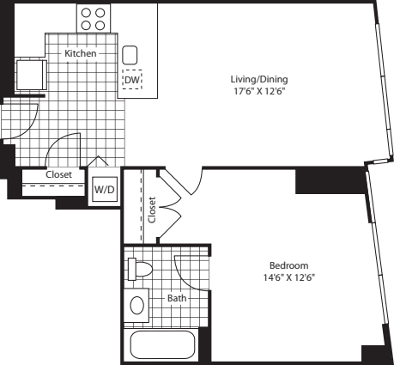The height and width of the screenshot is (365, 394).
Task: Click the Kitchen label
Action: pyautogui.click(x=81, y=53)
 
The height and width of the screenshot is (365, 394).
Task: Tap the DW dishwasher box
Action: pyautogui.click(x=132, y=80)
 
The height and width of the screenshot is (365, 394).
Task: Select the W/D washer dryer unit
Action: pyautogui.click(x=105, y=189)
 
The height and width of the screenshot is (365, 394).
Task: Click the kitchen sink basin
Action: pyautogui.click(x=130, y=55)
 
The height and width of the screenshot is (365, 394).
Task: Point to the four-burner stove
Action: pyautogui.click(x=94, y=18)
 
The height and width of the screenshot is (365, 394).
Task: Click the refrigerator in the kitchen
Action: pyautogui.click(x=31, y=75)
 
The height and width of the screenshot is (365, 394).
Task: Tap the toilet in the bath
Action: pyautogui.click(x=140, y=269)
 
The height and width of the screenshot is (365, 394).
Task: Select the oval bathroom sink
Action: pyautogui.click(x=137, y=306)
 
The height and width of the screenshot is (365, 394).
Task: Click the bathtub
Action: pyautogui.click(x=162, y=344)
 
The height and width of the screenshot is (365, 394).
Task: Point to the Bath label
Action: pyautogui.click(x=177, y=298)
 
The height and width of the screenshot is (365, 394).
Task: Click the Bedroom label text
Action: pyautogui.click(x=289, y=265)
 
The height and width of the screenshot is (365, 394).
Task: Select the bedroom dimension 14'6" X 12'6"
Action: pyautogui.click(x=289, y=277)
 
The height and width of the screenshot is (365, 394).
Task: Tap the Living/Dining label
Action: pyautogui.click(x=259, y=79)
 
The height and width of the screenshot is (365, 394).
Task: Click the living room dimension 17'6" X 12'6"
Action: pyautogui.click(x=260, y=91)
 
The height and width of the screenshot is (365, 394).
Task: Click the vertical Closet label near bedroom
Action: pyautogui.click(x=152, y=210)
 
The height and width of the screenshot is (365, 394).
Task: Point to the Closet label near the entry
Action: pyautogui.click(x=58, y=174)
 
